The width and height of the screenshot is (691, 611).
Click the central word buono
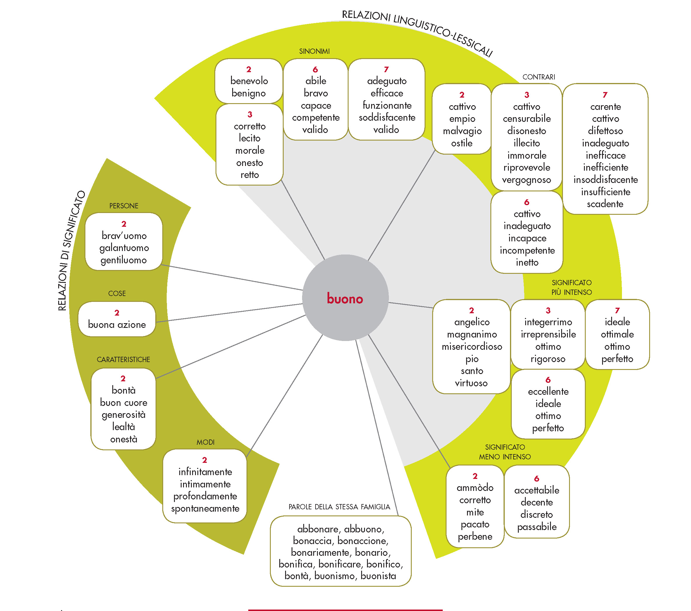345,299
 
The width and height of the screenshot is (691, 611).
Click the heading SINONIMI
314,51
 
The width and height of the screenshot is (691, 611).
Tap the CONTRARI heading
539,77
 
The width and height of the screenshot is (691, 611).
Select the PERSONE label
124,206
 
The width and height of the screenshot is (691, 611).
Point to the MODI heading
206,442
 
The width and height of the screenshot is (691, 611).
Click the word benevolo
249,81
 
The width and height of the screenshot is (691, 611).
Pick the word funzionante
387,105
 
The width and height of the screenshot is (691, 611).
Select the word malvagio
462,131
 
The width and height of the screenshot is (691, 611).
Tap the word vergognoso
526,180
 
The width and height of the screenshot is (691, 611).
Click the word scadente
605,204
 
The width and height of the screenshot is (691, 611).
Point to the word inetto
527,262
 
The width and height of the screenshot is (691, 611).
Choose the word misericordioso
472,347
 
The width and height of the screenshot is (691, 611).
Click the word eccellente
548,392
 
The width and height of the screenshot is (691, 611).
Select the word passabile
537,527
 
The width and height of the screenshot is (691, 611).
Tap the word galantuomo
124,248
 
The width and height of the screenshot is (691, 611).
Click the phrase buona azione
117,325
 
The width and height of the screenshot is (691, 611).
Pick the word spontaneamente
205,508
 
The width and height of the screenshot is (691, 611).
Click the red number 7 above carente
605,95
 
